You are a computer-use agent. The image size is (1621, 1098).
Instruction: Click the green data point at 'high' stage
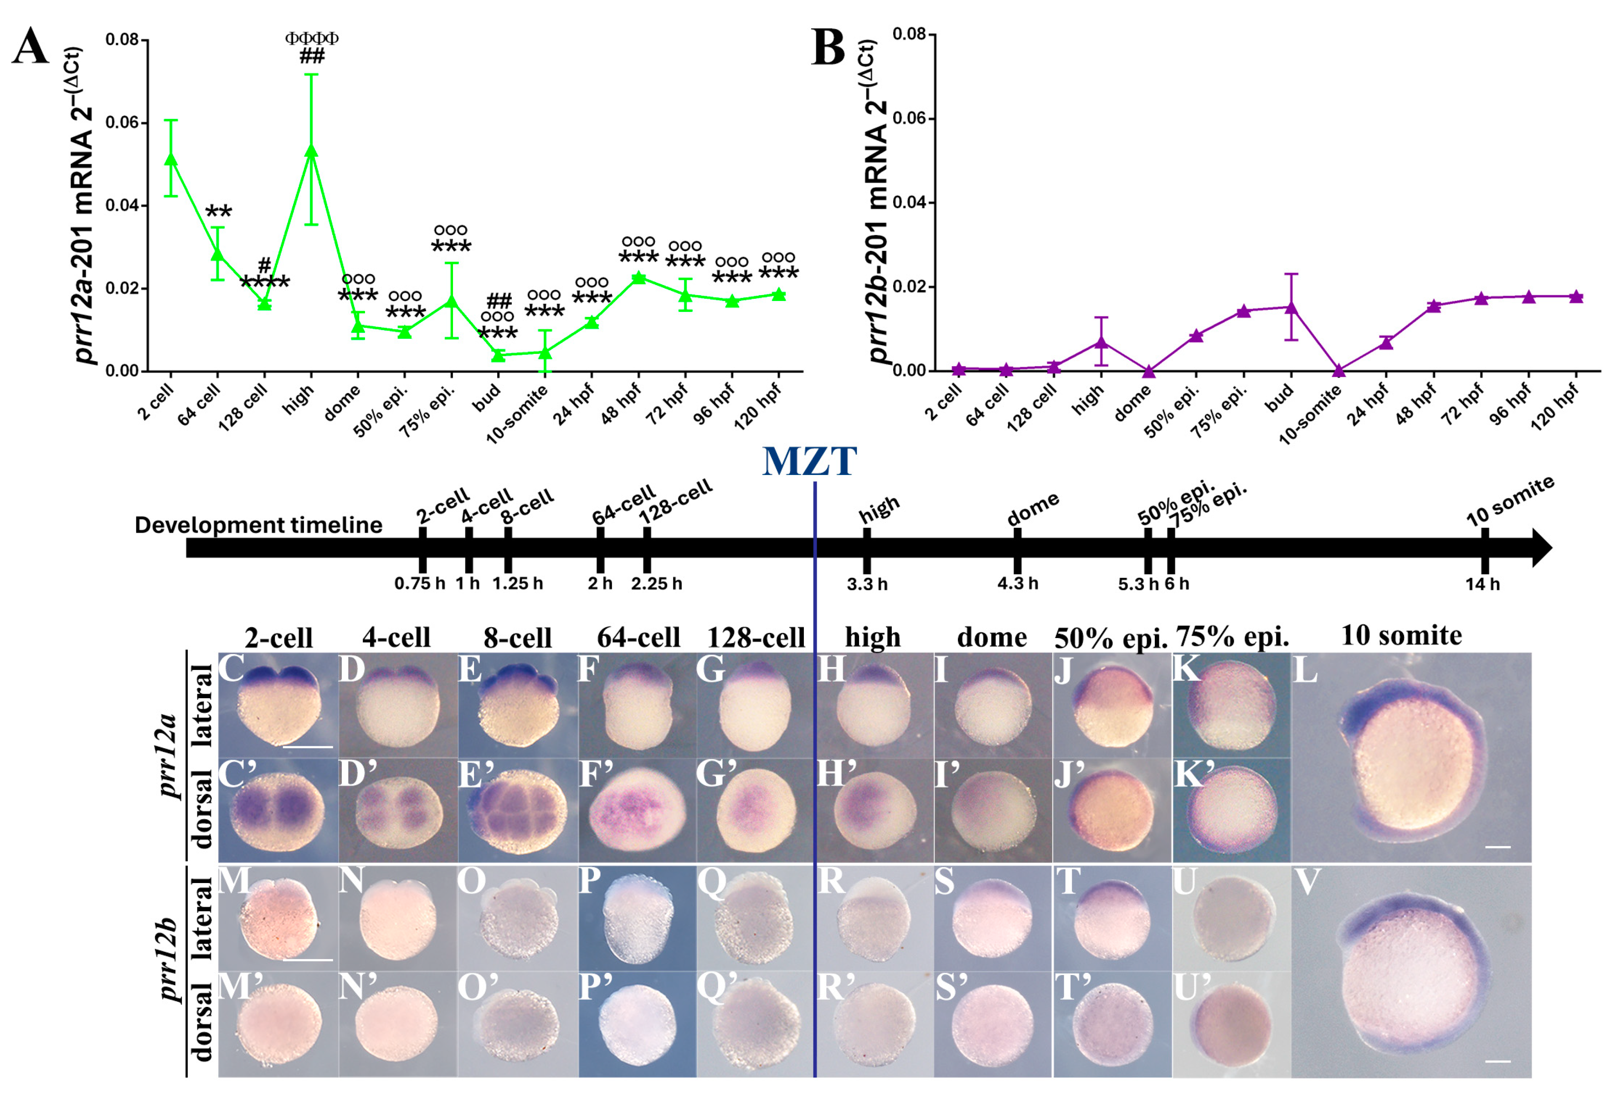pyautogui.click(x=312, y=151)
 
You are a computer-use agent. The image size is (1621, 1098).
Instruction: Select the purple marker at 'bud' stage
pyautogui.click(x=1291, y=307)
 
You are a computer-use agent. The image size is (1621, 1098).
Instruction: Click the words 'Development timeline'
pyautogui.click(x=258, y=525)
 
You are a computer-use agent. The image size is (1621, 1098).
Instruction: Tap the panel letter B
pyautogui.click(x=828, y=49)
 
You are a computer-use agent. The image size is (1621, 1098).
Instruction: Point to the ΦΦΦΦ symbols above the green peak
pyautogui.click(x=312, y=38)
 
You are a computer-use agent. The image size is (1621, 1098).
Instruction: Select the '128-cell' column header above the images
pyautogui.click(x=756, y=637)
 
